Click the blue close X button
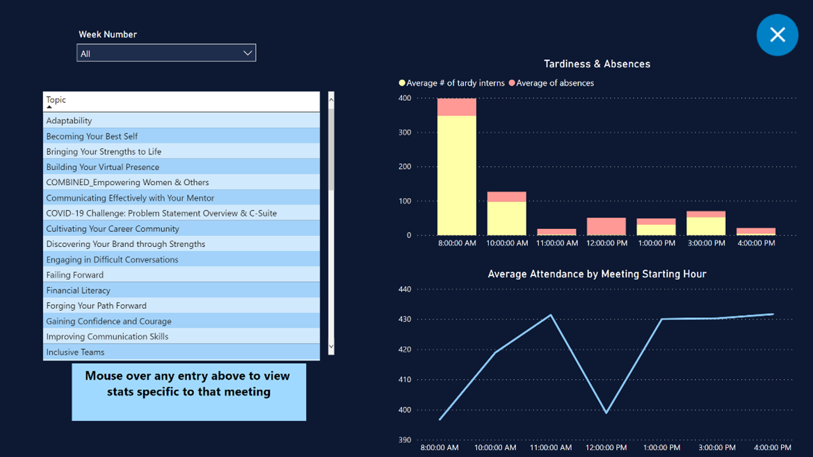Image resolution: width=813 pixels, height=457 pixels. pos(777,35)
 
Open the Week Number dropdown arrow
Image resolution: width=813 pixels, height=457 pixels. pos(247,53)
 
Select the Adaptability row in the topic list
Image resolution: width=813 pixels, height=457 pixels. pos(69,120)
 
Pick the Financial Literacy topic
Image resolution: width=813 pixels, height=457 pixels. pos(78,290)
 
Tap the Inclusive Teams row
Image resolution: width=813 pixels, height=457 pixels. pos(75,352)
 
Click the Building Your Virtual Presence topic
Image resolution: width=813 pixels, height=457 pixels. pos(102,167)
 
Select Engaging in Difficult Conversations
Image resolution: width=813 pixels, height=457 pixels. pos(112,259)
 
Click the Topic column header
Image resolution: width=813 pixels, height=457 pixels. pos(56,100)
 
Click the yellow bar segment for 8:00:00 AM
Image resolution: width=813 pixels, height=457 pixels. pos(456,175)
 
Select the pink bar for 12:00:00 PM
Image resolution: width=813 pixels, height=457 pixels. pos(606,227)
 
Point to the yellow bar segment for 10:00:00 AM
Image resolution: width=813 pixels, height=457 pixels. pos(506,218)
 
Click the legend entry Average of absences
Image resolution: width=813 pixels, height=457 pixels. pos(554,83)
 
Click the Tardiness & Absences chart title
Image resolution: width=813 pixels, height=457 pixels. pos(597,64)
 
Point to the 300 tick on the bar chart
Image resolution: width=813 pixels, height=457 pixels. pos(404,132)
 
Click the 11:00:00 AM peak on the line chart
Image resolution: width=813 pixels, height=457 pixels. pos(551,315)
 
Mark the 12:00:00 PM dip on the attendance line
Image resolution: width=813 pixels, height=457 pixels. pos(606,412)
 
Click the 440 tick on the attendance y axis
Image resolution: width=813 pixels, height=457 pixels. pos(404,289)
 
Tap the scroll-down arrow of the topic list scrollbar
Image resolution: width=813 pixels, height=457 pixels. pos(331,346)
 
